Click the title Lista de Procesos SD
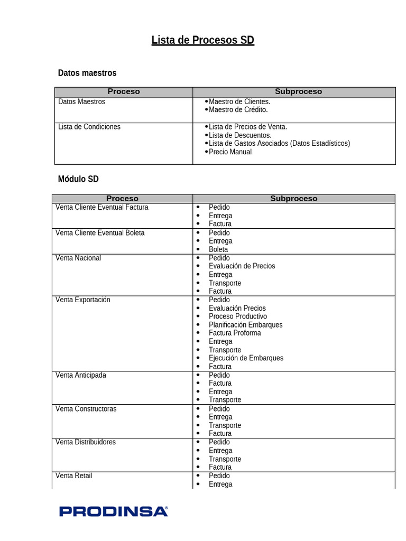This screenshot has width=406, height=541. click(x=202, y=40)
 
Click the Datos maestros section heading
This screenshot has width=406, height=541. click(x=87, y=73)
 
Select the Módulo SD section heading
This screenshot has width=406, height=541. click(x=78, y=179)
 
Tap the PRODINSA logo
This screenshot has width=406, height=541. click(x=114, y=511)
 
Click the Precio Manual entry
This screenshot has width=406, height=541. click(x=230, y=152)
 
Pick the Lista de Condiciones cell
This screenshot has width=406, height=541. click(x=89, y=127)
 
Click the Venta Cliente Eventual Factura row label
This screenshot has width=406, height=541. click(x=102, y=207)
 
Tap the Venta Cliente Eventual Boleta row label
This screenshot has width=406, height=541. click(x=100, y=232)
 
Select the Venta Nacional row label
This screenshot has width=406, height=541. click(x=78, y=258)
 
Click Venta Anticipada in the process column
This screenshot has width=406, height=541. click(x=81, y=375)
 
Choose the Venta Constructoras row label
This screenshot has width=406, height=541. click(x=86, y=409)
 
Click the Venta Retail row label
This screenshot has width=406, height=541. click(x=74, y=475)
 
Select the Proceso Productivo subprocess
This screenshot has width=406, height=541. click(x=238, y=316)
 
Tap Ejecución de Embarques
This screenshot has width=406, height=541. click(x=246, y=358)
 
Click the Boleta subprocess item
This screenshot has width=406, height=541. click(x=218, y=249)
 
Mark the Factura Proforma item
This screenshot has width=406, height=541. click(x=235, y=333)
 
